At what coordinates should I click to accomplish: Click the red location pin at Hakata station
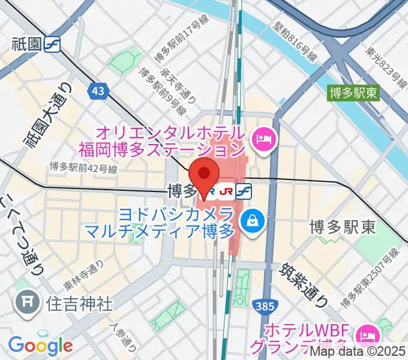[206, 175]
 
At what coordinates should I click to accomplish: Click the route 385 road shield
[264, 307]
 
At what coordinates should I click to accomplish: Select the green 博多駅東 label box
[353, 92]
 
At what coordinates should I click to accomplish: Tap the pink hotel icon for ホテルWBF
[365, 334]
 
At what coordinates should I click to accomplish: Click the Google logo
[40, 345]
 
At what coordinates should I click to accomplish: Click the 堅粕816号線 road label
[293, 42]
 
